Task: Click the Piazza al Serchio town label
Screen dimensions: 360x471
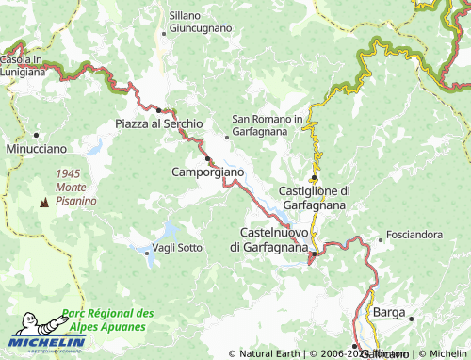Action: pyautogui.click(x=158, y=124)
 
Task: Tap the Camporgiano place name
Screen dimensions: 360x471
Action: pyautogui.click(x=208, y=172)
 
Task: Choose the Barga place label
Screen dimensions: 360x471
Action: pyautogui.click(x=389, y=312)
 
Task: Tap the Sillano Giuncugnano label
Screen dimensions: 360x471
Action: pyautogui.click(x=200, y=22)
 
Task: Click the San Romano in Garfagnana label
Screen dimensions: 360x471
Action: pyautogui.click(x=268, y=125)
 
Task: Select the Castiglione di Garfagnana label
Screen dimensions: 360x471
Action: pyautogui.click(x=315, y=197)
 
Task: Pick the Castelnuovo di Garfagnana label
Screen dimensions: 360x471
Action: pyautogui.click(x=269, y=239)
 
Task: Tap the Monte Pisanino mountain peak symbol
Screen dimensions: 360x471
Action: pyautogui.click(x=43, y=202)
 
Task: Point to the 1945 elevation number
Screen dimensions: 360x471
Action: pyautogui.click(x=69, y=173)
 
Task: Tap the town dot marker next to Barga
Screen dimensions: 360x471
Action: pyautogui.click(x=412, y=319)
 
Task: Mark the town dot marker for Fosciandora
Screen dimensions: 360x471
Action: pyautogui.click(x=381, y=239)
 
